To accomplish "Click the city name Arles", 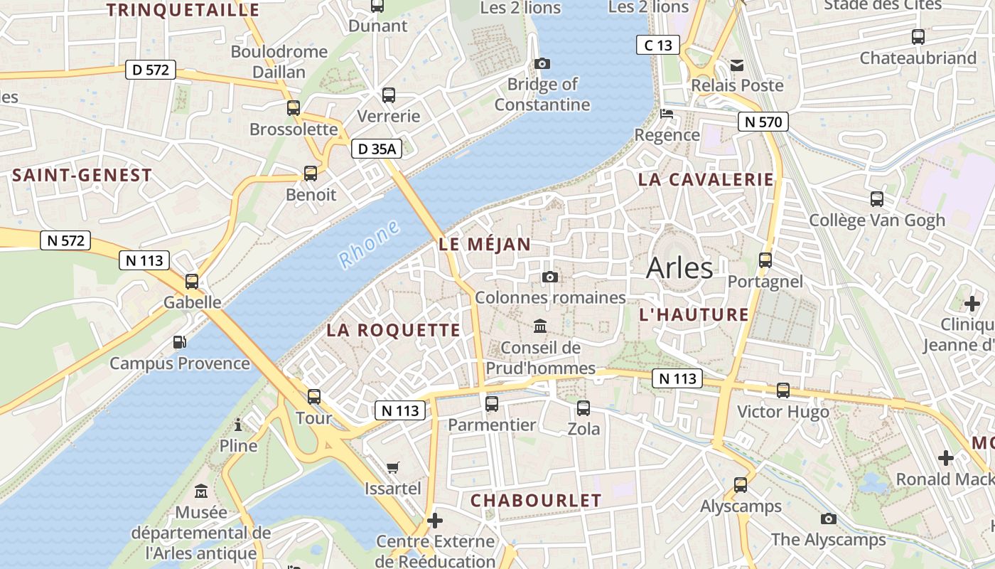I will pyautogui.click(x=679, y=268).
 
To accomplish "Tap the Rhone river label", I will pyautogui.click(x=369, y=244).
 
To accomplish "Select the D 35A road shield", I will pyautogui.click(x=377, y=149).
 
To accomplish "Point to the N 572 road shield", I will pyautogui.click(x=66, y=240).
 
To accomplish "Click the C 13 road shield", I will pyautogui.click(x=657, y=46).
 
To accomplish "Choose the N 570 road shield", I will pyautogui.click(x=763, y=122).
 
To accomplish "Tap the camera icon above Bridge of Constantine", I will pyautogui.click(x=542, y=64).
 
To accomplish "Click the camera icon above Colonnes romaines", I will pyautogui.click(x=549, y=277).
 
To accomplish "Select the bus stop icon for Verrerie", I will pyautogui.click(x=389, y=95).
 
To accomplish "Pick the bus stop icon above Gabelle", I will pyautogui.click(x=192, y=281).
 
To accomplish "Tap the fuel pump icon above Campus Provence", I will pyautogui.click(x=180, y=342).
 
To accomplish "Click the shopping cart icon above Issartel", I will pyautogui.click(x=393, y=467).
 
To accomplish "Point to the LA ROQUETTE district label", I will pyautogui.click(x=394, y=330).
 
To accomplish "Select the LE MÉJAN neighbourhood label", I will pyautogui.click(x=485, y=245).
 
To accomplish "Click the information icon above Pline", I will pyautogui.click(x=238, y=425).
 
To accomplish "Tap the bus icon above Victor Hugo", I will pyautogui.click(x=783, y=390).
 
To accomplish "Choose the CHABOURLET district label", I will pyautogui.click(x=536, y=501).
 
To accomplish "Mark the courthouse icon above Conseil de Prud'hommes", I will pyautogui.click(x=540, y=326).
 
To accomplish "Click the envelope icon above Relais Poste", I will pyautogui.click(x=737, y=65).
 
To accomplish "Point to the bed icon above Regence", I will pyautogui.click(x=667, y=114).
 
